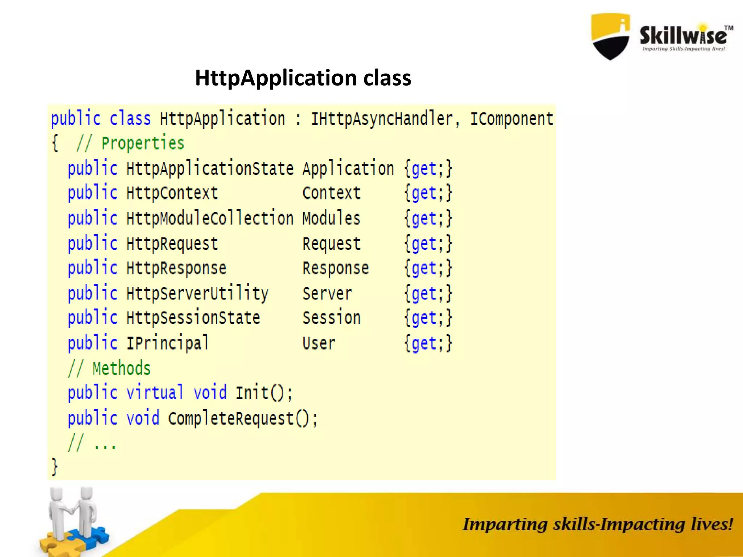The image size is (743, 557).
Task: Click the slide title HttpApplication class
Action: tap(303, 78)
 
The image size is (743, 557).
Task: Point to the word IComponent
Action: tap(512, 119)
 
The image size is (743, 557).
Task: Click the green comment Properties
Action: tap(143, 143)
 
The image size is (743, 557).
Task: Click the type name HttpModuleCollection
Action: tap(210, 219)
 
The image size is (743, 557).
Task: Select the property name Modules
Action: tap(331, 219)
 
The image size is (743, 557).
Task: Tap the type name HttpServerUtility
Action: tap(197, 293)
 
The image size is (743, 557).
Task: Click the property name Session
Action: tap(331, 318)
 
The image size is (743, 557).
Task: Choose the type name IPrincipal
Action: tap(168, 343)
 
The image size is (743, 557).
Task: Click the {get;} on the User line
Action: tap(428, 343)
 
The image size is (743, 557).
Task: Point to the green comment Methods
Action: tap(121, 368)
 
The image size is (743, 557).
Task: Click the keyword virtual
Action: tap(155, 393)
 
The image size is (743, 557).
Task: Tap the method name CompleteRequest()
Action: tap(242, 418)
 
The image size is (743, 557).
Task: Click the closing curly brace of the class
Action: tap(54, 466)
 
